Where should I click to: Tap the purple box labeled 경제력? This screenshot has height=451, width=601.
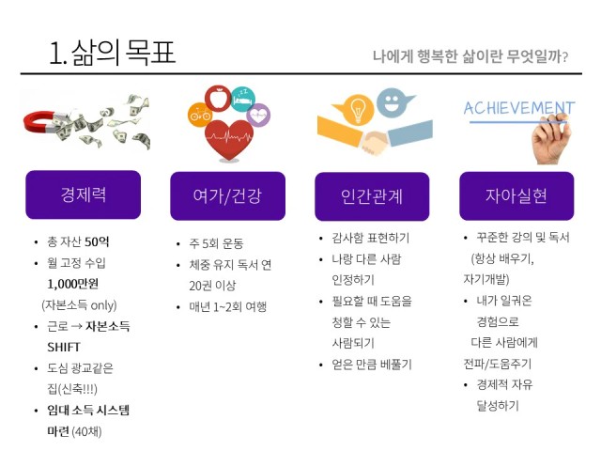[84, 194]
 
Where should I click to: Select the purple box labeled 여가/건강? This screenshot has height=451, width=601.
[227, 196]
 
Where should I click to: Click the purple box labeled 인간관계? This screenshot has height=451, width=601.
[372, 196]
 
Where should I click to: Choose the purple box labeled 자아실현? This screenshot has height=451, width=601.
[516, 196]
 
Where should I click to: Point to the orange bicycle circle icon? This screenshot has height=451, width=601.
[200, 115]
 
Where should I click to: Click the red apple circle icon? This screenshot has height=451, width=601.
[218, 98]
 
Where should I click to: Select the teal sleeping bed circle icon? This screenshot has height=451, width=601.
[243, 100]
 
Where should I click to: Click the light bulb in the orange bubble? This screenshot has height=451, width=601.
[357, 109]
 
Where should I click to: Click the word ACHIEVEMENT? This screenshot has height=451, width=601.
[519, 108]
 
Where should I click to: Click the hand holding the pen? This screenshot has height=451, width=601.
[552, 140]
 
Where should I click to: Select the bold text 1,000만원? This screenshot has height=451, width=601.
[73, 284]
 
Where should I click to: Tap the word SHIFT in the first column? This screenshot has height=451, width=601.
[64, 347]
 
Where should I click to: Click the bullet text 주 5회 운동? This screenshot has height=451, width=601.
[216, 243]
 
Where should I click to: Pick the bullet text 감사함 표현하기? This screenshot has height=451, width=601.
[371, 238]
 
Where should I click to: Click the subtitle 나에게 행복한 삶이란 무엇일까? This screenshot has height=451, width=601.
[470, 56]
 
